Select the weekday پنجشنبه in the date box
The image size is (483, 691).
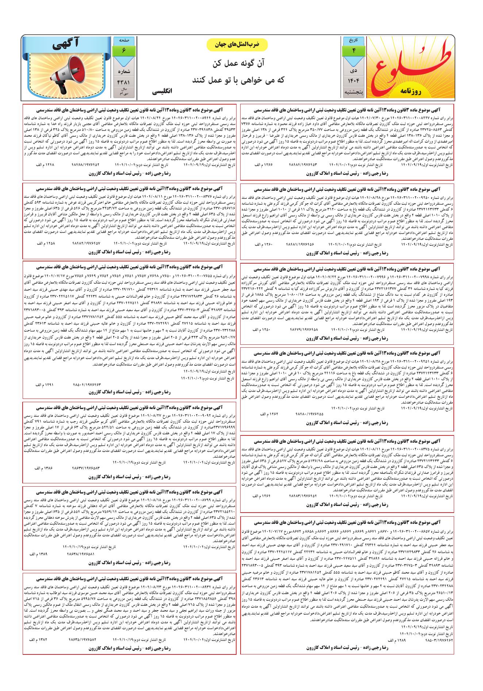(x=354, y=92)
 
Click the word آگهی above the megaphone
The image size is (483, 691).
(x=66, y=45)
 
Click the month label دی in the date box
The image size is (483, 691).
(x=354, y=69)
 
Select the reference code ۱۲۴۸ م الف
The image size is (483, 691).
(x=45, y=165)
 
